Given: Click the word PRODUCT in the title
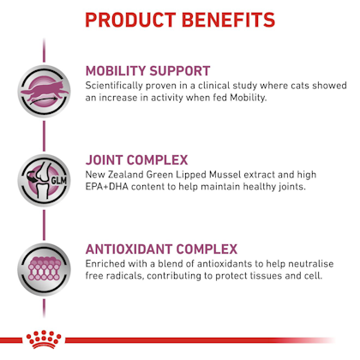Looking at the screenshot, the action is click(x=130, y=20).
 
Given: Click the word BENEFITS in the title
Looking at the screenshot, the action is click(x=228, y=20).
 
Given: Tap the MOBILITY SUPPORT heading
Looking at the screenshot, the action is click(x=148, y=71).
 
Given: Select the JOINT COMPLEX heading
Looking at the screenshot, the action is click(x=136, y=160).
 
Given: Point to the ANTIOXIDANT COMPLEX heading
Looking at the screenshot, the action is click(x=161, y=249).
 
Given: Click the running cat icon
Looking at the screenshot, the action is click(x=44, y=91).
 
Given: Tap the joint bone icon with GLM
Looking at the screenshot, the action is click(x=44, y=180).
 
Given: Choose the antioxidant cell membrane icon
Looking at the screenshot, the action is click(x=44, y=269).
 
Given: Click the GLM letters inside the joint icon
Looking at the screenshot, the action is click(x=59, y=181).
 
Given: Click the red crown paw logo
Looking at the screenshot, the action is click(x=44, y=339).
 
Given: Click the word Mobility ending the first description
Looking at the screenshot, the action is click(x=249, y=98).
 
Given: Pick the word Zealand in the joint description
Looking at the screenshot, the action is click(x=126, y=175).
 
